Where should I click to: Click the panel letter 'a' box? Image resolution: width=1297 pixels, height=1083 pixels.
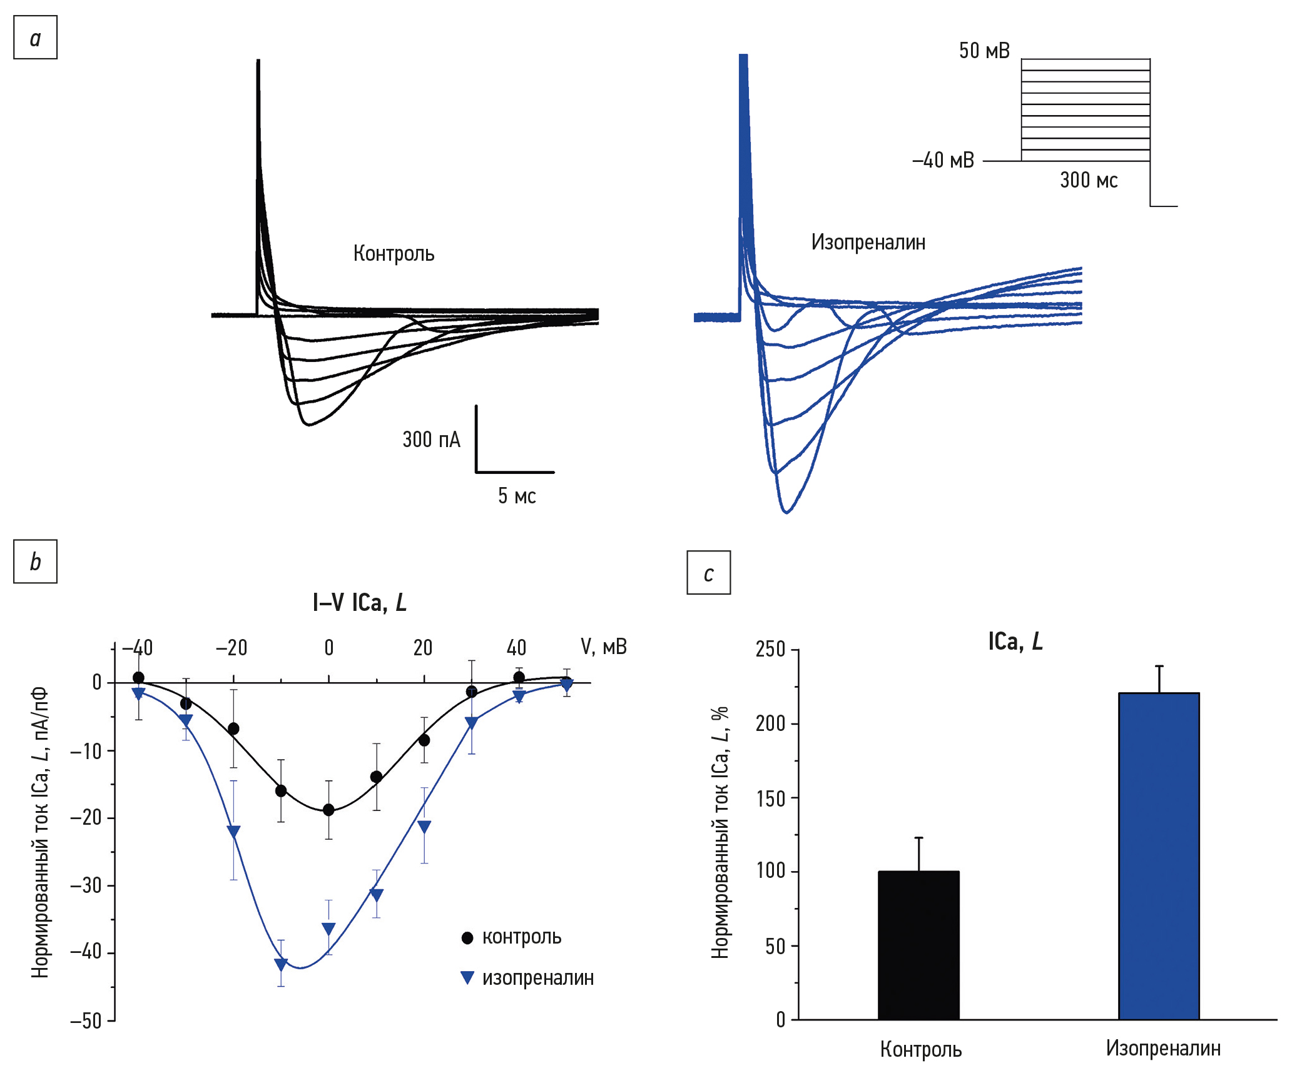coord(35,38)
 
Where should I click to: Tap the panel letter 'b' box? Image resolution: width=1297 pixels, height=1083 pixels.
coord(35,562)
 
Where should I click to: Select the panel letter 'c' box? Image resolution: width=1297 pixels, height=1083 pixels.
coord(708,573)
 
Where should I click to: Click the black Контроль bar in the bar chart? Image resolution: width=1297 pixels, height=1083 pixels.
coord(918,945)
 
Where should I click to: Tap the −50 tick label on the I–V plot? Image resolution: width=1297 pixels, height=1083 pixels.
coord(86,1021)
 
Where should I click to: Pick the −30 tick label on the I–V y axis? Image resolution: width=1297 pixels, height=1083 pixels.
coord(86,885)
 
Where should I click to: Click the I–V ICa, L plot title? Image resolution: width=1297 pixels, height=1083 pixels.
coord(359,603)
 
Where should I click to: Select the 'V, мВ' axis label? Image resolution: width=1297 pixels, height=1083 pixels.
coord(604,647)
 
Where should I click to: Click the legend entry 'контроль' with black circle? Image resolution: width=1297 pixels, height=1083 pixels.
coord(511,937)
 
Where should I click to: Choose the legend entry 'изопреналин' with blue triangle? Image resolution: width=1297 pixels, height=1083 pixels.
coord(527,978)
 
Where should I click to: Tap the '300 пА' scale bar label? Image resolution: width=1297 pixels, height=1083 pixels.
coord(431,440)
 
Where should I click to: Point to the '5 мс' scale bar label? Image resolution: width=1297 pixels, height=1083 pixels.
coord(517,496)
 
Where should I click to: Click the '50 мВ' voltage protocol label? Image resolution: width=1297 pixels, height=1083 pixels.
coord(984,51)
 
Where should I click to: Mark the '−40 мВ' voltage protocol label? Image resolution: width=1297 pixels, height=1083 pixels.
coord(943,161)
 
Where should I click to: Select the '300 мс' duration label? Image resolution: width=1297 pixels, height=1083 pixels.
coord(1089,180)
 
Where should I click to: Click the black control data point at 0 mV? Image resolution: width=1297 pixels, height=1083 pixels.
coord(328,810)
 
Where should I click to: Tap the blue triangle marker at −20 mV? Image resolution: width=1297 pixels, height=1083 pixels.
coord(233,831)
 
